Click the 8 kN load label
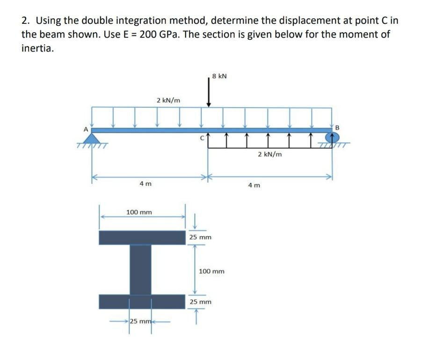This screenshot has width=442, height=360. point(219,76)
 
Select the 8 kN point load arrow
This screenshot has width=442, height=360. point(209,94)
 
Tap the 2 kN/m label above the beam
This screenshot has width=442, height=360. point(168,100)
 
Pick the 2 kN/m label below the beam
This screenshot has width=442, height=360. point(270,154)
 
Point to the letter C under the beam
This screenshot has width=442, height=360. point(202,138)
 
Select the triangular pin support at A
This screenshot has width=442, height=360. point(94,138)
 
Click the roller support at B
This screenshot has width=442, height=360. point(333,137)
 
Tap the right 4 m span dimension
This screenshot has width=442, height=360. point(254,185)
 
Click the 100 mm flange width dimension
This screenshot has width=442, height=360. point(139,212)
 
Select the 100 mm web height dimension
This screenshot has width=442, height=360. point(211,271)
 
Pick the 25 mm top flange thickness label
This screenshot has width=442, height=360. point(200,238)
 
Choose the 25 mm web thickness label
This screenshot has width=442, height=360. point(140,321)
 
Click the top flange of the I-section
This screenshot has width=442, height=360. point(142,238)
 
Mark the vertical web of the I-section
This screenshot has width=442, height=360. point(140,270)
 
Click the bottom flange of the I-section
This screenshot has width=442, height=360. point(142,302)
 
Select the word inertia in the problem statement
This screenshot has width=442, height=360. point(37,49)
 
